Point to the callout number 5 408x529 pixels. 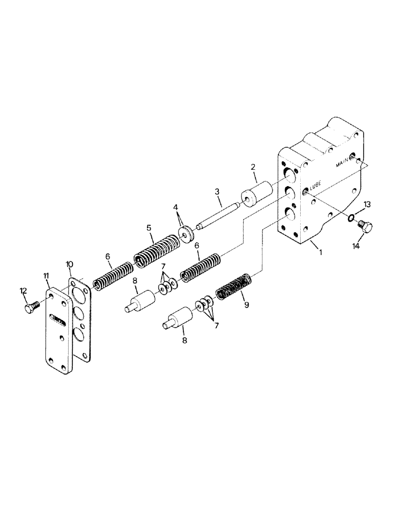tap(150, 229)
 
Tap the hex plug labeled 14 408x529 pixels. tap(366, 228)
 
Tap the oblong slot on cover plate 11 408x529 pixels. tap(58, 318)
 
